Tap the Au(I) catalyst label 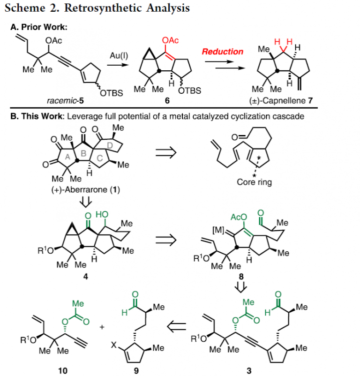119,55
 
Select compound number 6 167,100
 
